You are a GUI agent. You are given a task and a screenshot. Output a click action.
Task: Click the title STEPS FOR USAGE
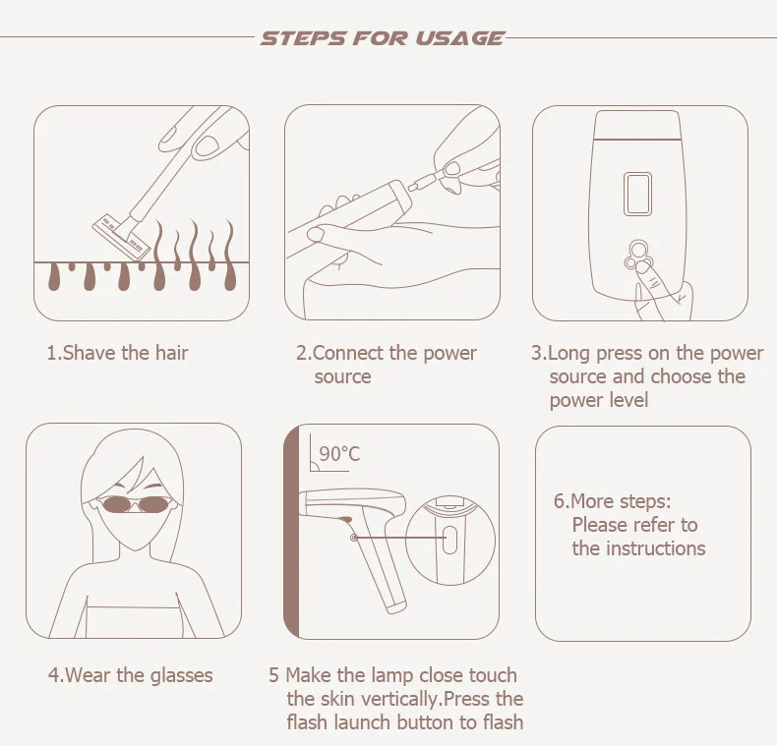coord(382,38)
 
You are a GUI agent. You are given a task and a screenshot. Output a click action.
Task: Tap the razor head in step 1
coord(121,236)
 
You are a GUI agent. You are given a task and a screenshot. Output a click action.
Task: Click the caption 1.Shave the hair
coord(117,353)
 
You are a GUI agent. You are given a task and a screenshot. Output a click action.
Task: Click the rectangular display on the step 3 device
coord(637,194)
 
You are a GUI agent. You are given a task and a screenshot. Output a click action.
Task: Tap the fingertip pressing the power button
coord(642,268)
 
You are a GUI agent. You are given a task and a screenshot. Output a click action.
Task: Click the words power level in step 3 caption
coord(599,400)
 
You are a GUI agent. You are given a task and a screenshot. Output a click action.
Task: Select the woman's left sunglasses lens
coord(115,504)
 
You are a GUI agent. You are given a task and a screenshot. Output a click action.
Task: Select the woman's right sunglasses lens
coord(154,504)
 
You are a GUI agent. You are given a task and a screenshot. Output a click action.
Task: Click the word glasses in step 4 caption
coord(181,675)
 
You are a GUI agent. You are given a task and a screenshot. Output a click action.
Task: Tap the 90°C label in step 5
coord(339,453)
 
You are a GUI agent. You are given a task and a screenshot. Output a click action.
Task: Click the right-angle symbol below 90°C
coord(314,466)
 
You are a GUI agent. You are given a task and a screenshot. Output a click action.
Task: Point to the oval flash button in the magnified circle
coord(448,540)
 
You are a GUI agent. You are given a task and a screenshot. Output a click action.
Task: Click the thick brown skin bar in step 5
coord(291,531)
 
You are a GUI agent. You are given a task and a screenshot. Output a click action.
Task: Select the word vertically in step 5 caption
coord(400,699)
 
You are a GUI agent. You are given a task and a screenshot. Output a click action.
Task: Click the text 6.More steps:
coord(613,501)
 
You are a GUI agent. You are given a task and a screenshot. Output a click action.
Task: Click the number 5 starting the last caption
coord(273,675)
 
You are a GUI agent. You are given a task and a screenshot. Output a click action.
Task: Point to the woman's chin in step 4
coord(135,546)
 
